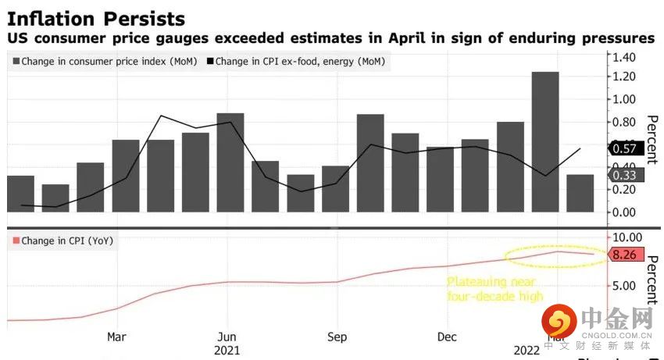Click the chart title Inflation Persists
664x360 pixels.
point(96,18)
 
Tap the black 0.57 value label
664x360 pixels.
point(625,148)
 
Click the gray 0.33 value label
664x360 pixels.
point(625,176)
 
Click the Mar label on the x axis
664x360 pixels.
point(116,337)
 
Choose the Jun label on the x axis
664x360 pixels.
point(227,337)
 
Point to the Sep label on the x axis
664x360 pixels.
point(337,337)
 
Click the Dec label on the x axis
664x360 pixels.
point(447,337)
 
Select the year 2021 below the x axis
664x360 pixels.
point(227,351)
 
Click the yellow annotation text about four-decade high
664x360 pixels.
point(494,289)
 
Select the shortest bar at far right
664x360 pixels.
point(580,193)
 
